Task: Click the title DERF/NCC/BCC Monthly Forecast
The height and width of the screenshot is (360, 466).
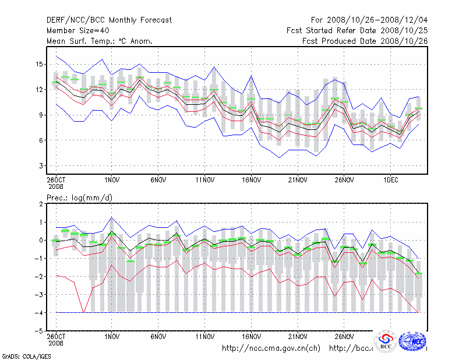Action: pyautogui.click(x=109, y=20)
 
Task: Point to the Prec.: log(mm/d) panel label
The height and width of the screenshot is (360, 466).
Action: pyautogui.click(x=80, y=199)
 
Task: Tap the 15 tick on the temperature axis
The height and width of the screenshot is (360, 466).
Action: pyautogui.click(x=40, y=64)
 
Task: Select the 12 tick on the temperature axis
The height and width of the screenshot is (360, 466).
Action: pyautogui.click(x=40, y=89)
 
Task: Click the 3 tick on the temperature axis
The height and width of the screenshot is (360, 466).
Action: pyautogui.click(x=41, y=166)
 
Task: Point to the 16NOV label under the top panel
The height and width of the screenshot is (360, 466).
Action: pyautogui.click(x=251, y=179)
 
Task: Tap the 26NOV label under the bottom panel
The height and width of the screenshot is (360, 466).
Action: pyautogui.click(x=344, y=336)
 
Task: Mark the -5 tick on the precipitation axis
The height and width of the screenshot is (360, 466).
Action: pyautogui.click(x=39, y=331)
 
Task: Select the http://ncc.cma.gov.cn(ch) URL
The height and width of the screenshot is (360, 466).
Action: pyautogui.click(x=271, y=348)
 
